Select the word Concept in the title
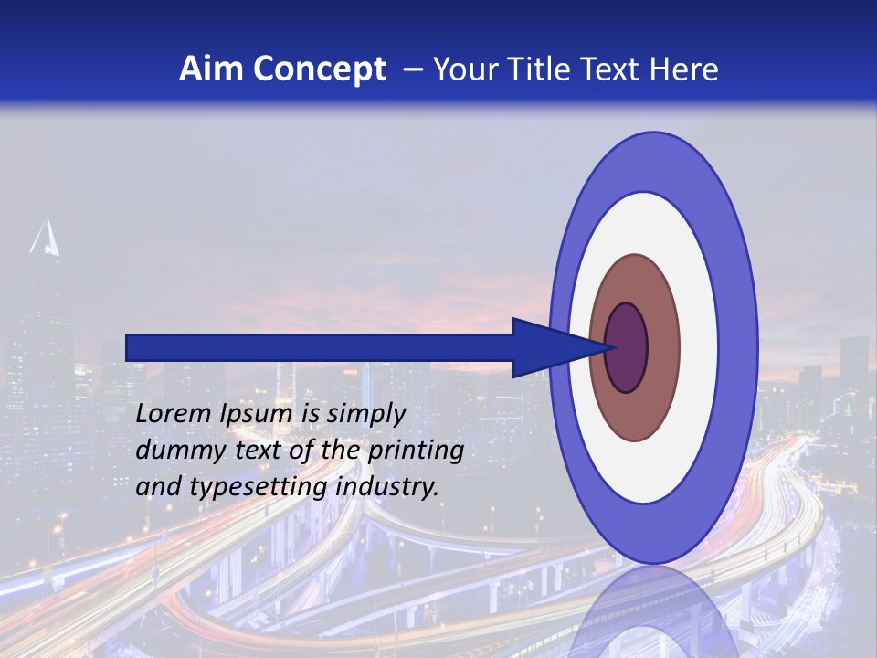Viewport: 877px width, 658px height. tap(319, 69)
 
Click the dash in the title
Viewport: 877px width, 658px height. tap(413, 69)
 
